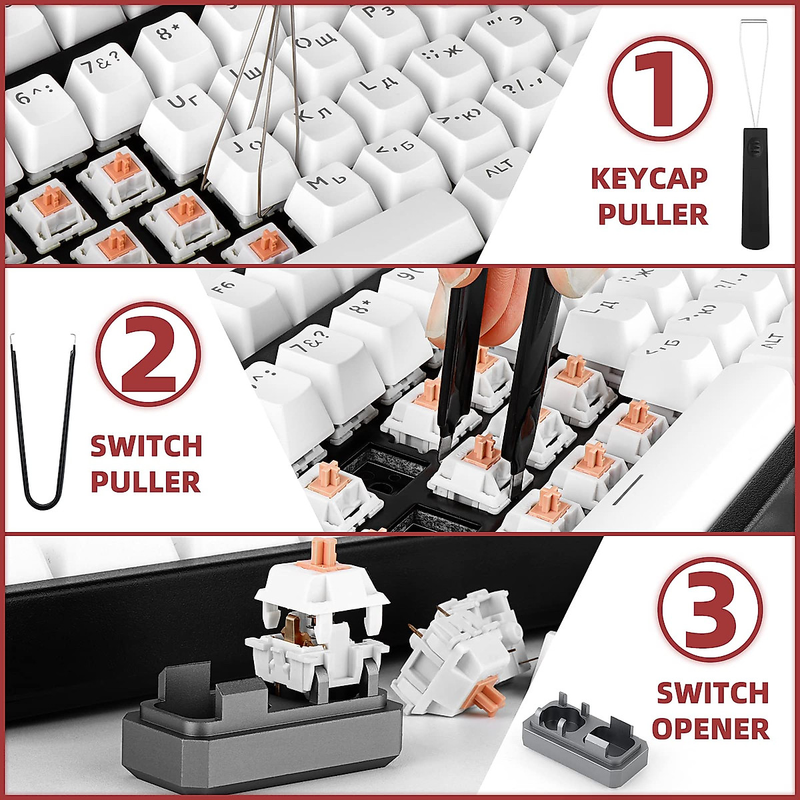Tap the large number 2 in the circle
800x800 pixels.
[148, 355]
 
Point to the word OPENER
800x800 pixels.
[710, 728]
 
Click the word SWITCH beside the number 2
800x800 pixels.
[147, 446]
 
